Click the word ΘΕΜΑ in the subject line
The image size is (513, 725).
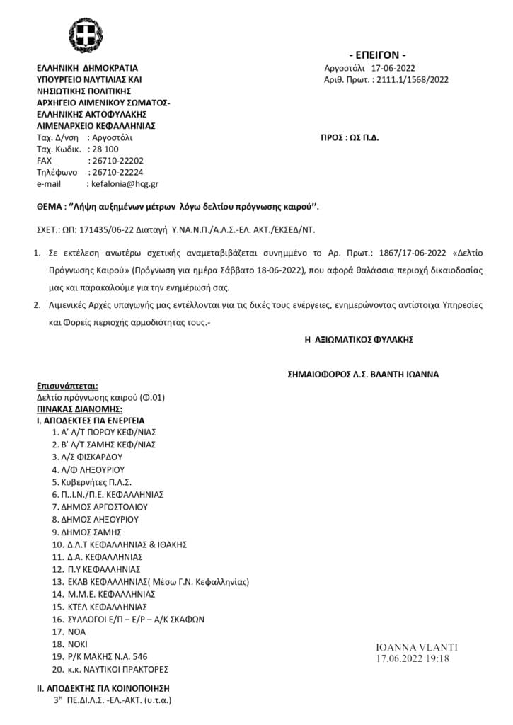(50, 207)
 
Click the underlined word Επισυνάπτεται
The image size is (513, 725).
(67, 386)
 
